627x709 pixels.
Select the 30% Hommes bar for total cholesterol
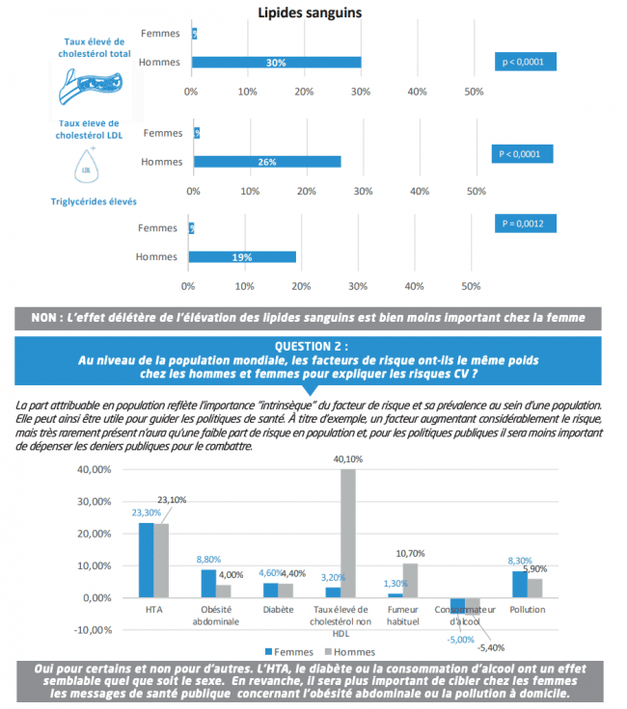[276, 63]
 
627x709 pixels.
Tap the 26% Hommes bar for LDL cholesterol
[266, 161]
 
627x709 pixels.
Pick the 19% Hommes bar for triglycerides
[242, 257]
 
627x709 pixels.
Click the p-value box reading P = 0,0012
[524, 223]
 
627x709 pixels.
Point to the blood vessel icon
[94, 92]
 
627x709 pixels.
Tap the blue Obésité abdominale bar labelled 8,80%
[208, 583]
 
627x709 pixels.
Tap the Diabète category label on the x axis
[278, 610]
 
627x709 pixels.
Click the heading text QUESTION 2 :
[311, 346]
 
